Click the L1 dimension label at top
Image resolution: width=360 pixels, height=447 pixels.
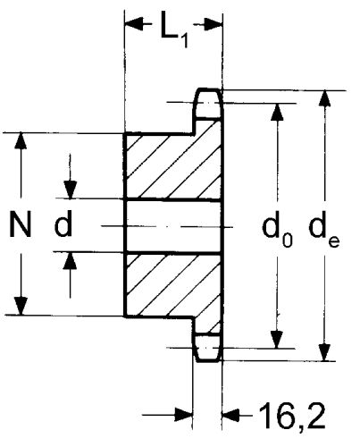pos(174,30)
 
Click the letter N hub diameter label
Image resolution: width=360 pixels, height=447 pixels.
pos(21,223)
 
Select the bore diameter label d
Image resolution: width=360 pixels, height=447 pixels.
pos(63,223)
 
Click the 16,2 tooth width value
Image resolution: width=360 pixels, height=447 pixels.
pos(292,415)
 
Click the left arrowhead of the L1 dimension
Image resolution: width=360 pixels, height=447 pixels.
pos(134,24)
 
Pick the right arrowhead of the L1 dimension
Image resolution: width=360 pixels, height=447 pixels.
pos(213,24)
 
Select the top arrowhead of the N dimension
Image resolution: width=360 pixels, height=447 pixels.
pos(21,140)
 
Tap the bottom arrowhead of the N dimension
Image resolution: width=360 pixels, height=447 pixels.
pos(21,306)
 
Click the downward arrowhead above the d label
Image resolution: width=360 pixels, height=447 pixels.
pos(71,190)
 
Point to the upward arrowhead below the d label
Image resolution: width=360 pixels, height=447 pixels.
pos(70,261)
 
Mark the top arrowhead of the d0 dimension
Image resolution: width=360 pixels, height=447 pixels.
pos(277,112)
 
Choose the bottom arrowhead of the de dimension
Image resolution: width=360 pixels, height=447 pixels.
pos(324,352)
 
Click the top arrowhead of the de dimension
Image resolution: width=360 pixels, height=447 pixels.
pos(324,98)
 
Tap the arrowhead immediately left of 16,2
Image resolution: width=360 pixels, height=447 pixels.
pos(231,415)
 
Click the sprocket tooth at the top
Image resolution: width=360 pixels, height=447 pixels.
pos(208,104)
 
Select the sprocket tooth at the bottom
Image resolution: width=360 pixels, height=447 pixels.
pos(208,348)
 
